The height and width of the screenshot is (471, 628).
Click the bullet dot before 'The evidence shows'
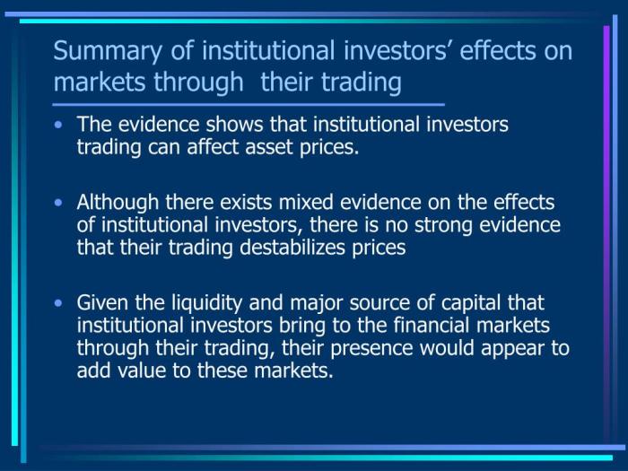(x=59, y=126)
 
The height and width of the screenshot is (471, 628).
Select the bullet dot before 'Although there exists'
(x=59, y=204)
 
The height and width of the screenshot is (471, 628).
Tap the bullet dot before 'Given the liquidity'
(x=59, y=304)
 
